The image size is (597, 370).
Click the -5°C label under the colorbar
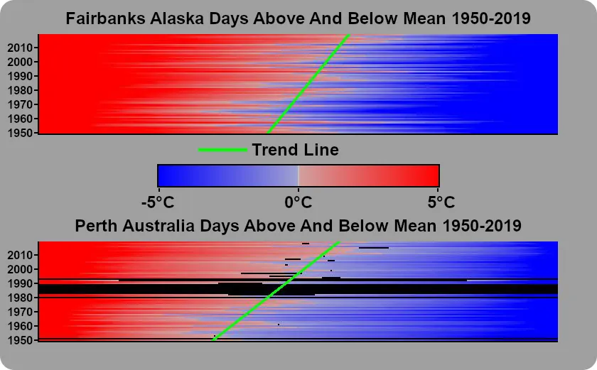(158, 202)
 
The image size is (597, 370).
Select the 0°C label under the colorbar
(298, 202)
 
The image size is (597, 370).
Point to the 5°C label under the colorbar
(441, 202)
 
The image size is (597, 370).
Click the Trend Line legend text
(295, 150)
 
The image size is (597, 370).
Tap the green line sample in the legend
(222, 150)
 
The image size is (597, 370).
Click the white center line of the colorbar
(298, 175)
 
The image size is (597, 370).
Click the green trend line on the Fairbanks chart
(308, 84)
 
